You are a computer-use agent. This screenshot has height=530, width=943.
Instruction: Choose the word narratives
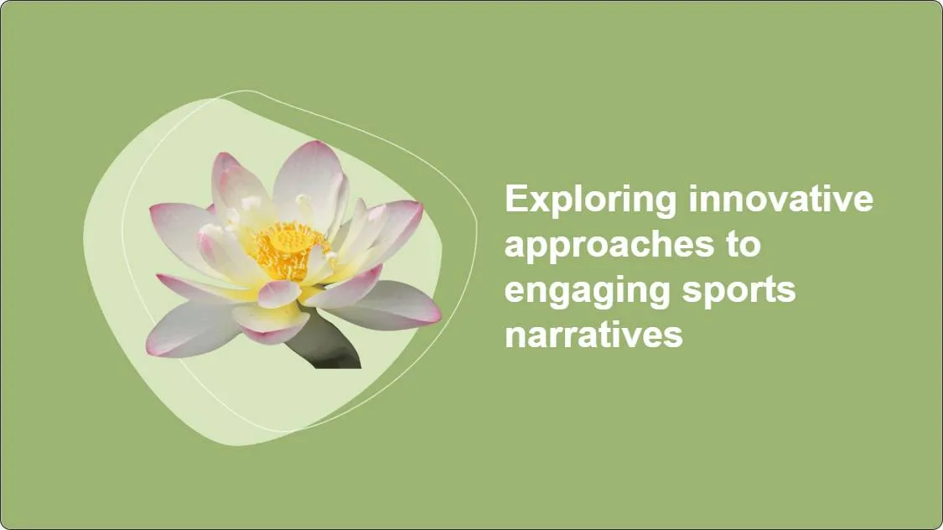click(593, 334)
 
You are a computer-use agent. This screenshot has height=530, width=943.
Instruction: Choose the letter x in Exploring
click(540, 202)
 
